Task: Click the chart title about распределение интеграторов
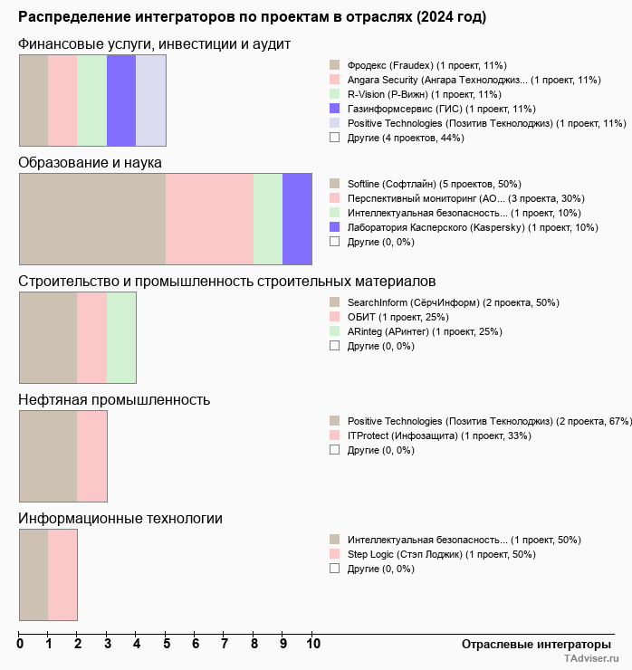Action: click(252, 17)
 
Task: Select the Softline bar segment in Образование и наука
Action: click(92, 218)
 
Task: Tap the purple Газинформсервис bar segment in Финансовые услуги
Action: click(121, 100)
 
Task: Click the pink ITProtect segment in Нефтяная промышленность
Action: click(92, 455)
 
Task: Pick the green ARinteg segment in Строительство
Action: click(121, 337)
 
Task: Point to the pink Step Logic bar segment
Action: click(62, 574)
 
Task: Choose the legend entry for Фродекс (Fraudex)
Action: click(426, 65)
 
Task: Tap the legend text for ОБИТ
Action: click(397, 317)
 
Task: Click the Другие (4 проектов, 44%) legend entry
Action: click(406, 138)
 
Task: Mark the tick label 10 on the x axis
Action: click(313, 644)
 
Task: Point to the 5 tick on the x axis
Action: click(167, 644)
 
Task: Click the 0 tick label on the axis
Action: click(20, 644)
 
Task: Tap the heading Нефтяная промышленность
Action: click(114, 399)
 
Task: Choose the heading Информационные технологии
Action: click(120, 518)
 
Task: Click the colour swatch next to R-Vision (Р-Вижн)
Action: click(335, 94)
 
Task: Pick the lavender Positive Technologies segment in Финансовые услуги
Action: click(150, 100)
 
